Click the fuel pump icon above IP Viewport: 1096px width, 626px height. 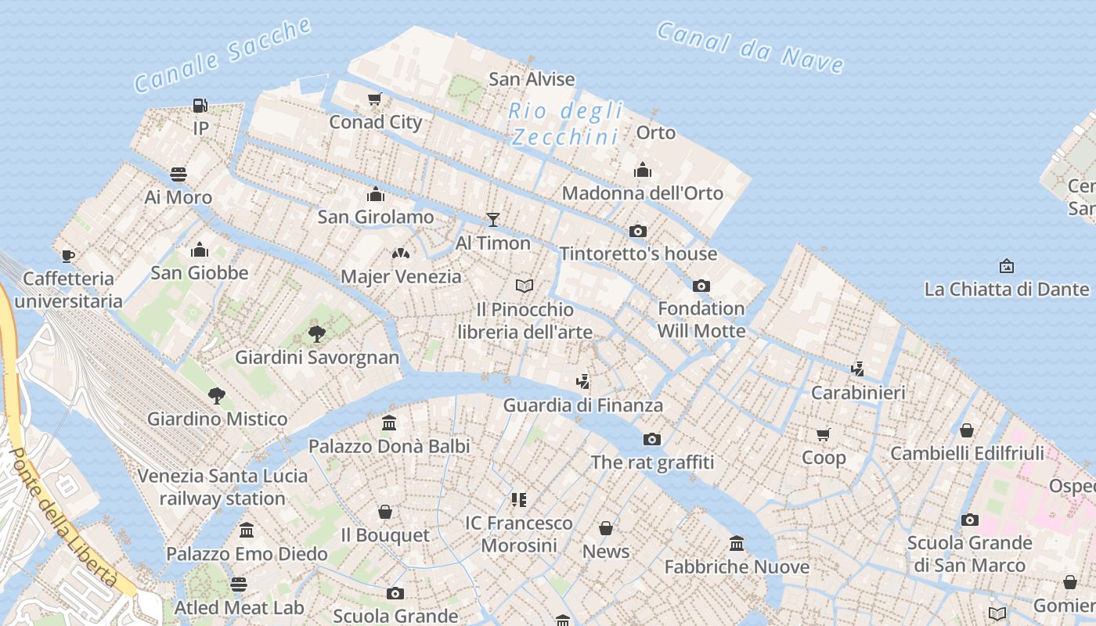[200, 105]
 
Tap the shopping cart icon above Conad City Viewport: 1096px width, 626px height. [375, 99]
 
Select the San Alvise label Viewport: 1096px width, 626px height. [532, 79]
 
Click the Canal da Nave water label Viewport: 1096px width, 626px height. [749, 47]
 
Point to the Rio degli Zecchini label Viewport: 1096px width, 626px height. [565, 124]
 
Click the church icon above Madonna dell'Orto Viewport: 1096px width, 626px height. [643, 170]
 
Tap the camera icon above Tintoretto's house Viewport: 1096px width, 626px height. [638, 231]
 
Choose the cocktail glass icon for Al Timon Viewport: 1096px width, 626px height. [493, 220]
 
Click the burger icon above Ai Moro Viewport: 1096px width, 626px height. [178, 174]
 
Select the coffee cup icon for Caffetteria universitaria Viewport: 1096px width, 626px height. [68, 256]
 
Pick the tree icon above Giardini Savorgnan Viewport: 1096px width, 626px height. [317, 335]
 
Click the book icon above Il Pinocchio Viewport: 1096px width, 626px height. [525, 286]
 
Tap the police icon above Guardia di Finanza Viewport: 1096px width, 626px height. [582, 383]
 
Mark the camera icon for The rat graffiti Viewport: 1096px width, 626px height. [652, 439]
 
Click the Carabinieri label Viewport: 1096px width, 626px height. [858, 393]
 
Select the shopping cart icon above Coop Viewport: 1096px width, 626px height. [823, 434]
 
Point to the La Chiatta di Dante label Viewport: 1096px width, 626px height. [1006, 290]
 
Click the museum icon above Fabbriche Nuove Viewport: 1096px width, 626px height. [737, 543]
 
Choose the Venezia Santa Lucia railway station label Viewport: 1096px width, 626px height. [223, 487]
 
